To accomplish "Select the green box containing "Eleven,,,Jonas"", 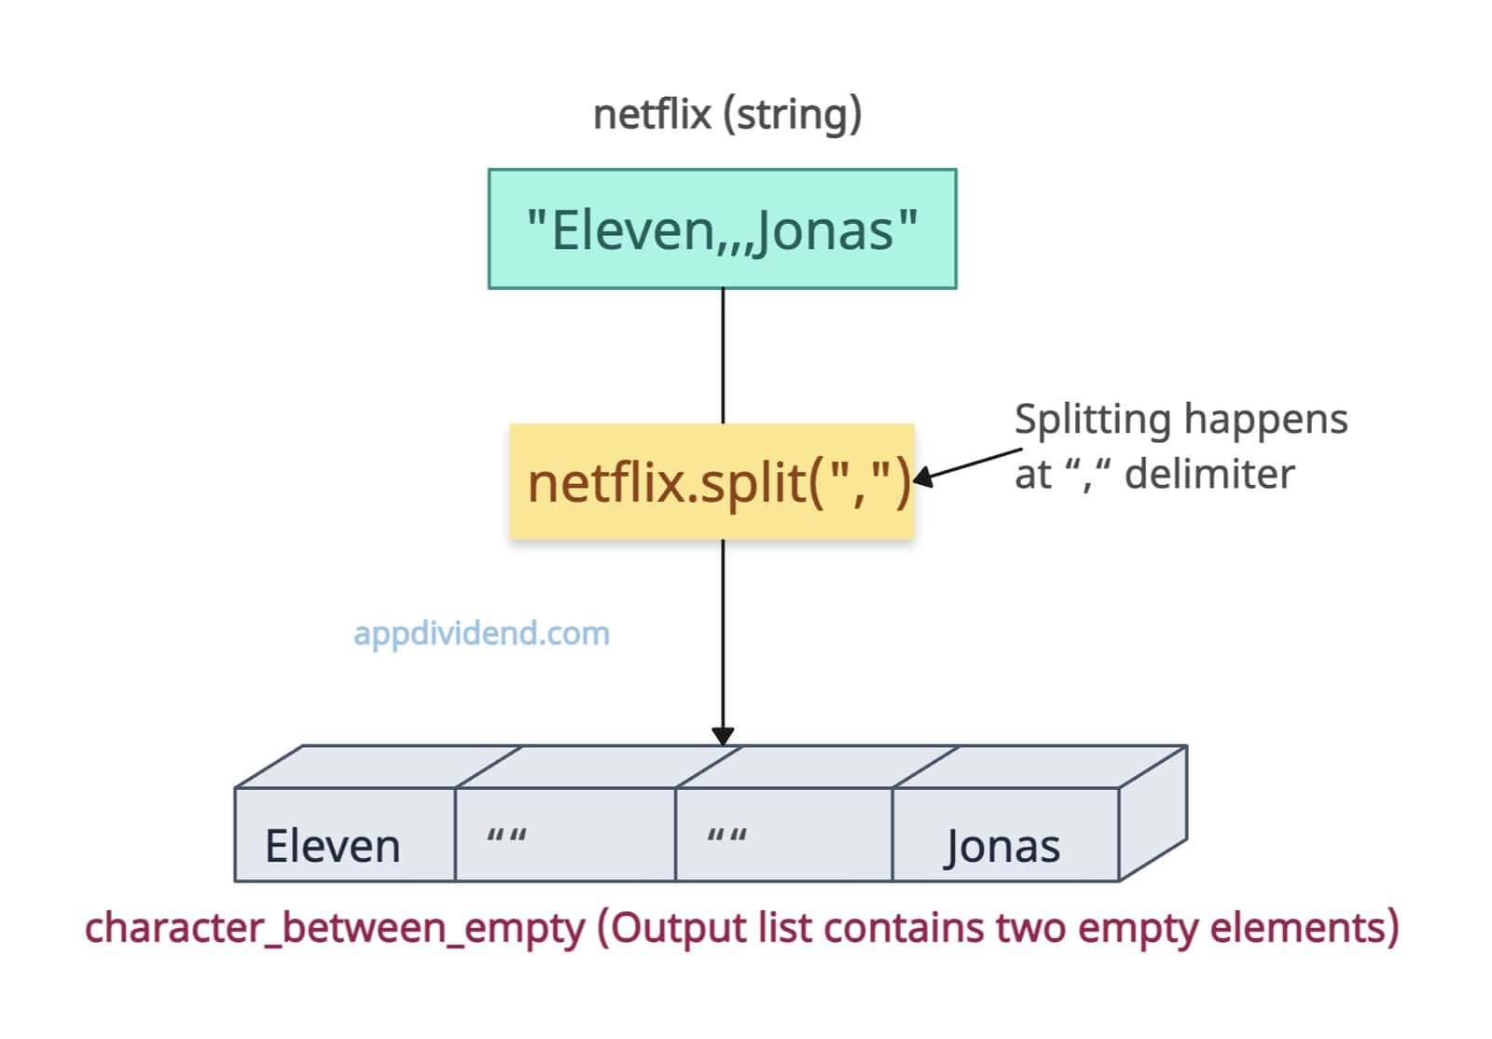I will (722, 229).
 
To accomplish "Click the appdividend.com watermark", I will (481, 633).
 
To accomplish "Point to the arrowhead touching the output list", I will (723, 736).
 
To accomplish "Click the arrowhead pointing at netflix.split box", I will (923, 478).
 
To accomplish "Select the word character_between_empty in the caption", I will (335, 929).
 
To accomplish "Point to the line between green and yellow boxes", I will (723, 355).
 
